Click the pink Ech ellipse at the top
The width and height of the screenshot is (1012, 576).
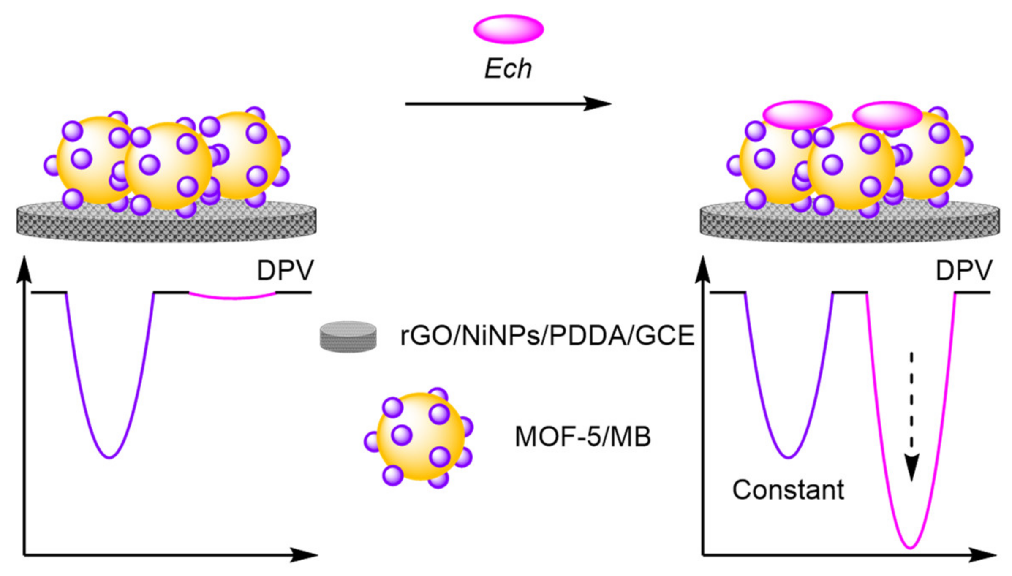508,29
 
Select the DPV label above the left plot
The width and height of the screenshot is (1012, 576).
285,270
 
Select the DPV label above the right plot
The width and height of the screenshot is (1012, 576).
963,270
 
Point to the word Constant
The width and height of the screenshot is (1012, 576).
788,490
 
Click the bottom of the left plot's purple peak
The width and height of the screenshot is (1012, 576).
109,457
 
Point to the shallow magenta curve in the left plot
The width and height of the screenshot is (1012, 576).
232,298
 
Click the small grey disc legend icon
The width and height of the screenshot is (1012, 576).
348,337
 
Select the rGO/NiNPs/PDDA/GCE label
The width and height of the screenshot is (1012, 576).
547,336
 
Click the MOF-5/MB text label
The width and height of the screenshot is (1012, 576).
582,437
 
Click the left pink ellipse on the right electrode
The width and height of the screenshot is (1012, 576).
797,114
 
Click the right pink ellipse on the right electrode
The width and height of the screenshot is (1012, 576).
887,115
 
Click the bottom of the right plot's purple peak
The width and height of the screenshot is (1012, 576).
788,457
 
